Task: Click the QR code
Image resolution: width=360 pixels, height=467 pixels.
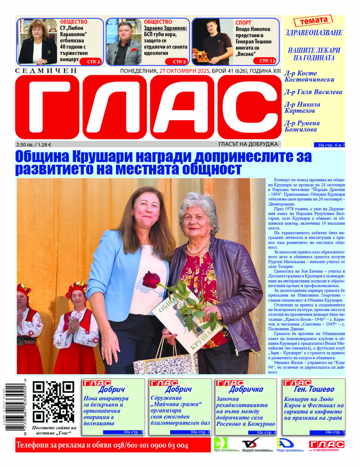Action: point(53,401)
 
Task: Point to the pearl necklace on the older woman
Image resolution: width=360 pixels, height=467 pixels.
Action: point(199,248)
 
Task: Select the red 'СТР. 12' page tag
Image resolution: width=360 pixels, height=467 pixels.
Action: point(268,61)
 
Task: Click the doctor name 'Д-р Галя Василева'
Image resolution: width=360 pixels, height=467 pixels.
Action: point(313,92)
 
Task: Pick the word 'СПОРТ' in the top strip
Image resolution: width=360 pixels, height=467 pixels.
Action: point(243,23)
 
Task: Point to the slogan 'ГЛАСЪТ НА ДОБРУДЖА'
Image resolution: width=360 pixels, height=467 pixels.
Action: point(248,144)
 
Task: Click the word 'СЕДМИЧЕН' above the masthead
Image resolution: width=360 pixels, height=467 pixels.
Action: point(46,71)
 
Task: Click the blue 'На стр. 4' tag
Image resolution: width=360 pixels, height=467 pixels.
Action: point(266,433)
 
